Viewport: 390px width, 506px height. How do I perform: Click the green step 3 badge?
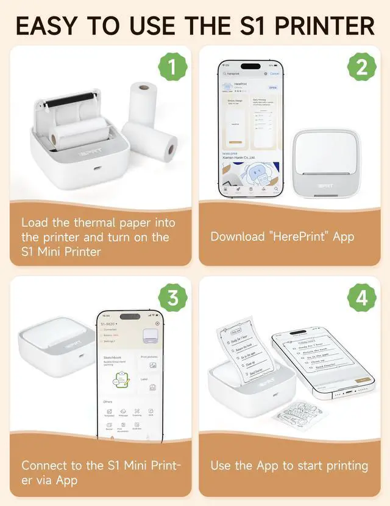tap(172, 298)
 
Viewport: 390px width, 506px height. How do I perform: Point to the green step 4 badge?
tap(361, 298)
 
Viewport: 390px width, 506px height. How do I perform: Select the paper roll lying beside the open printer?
tap(151, 140)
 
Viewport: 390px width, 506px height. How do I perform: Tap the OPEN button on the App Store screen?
tap(272, 87)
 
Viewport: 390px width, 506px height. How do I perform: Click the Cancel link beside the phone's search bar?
tap(275, 74)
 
